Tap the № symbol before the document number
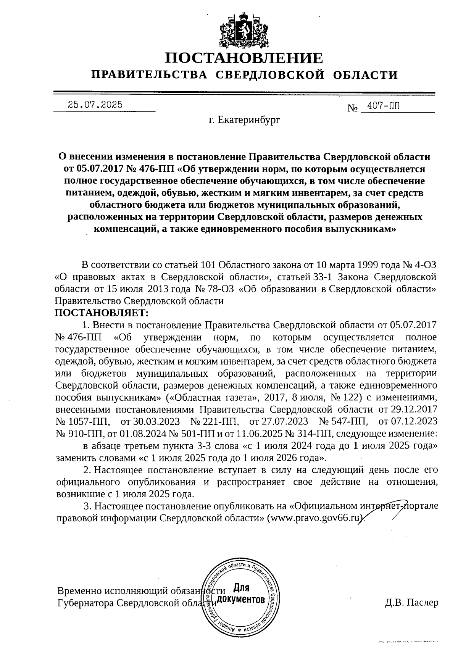point(352,108)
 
